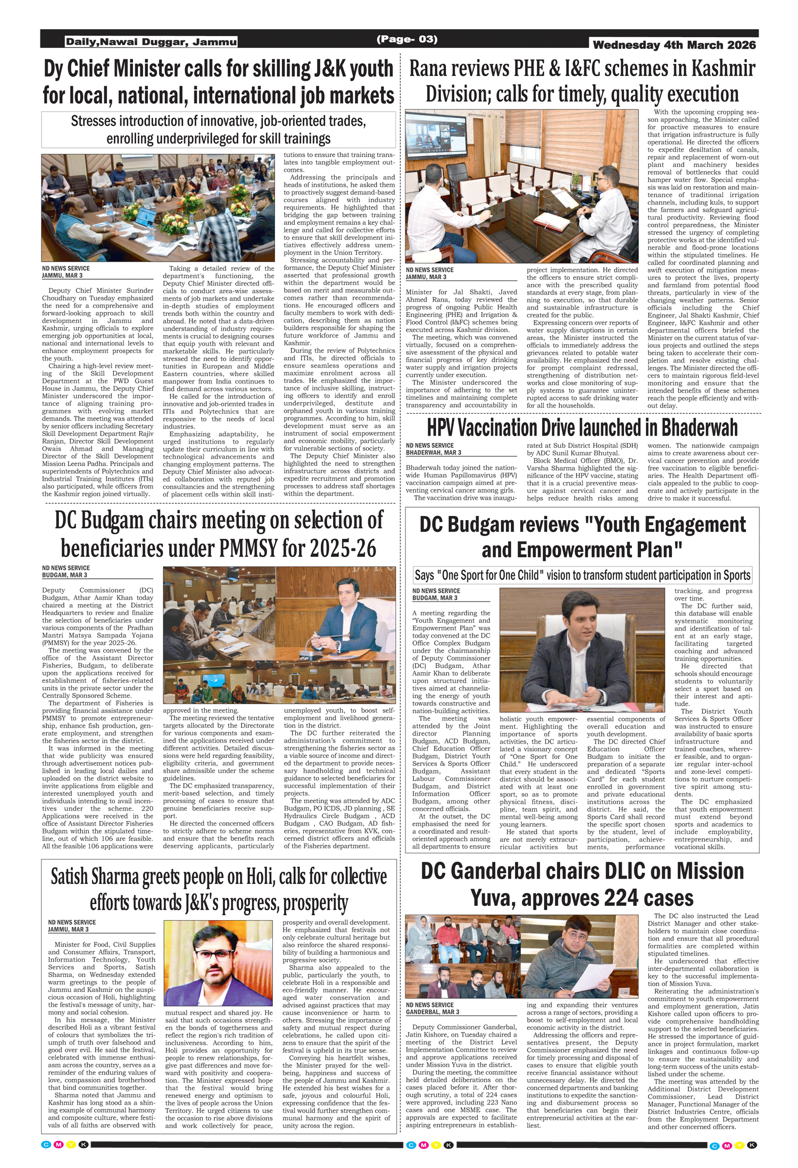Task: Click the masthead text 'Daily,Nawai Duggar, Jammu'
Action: point(151,42)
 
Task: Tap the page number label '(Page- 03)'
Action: point(407,39)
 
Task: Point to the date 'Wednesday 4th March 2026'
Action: point(674,45)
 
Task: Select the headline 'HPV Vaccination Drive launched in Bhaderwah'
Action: point(582,428)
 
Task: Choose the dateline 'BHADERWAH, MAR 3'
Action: point(434,453)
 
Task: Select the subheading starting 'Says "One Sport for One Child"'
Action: point(582,575)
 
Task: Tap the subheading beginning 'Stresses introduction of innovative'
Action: point(219,129)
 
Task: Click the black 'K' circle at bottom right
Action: point(752,1145)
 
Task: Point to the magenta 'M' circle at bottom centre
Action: point(423,1145)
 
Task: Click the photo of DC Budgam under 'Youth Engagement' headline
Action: point(582,649)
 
